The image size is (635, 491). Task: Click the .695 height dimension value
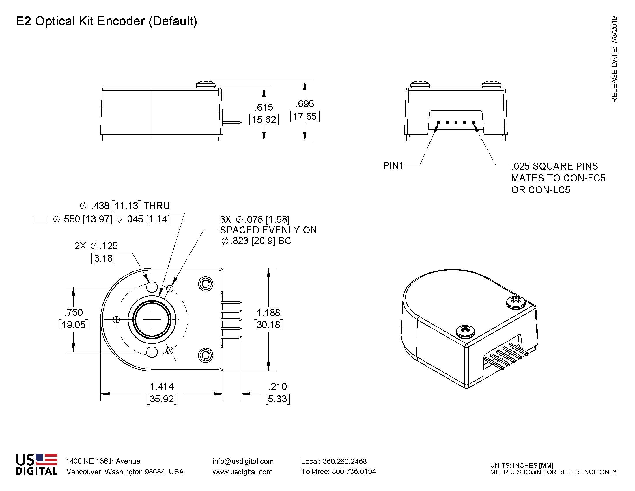tap(305, 104)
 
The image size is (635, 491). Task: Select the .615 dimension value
tap(264, 107)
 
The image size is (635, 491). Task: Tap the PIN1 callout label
tap(393, 166)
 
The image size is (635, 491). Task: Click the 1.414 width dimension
tap(162, 386)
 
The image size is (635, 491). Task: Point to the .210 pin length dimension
tap(278, 386)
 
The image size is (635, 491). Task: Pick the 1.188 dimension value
tap(268, 313)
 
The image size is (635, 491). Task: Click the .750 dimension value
tap(74, 313)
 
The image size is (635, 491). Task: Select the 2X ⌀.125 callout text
tap(96, 246)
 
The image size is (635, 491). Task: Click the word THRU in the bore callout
tap(156, 206)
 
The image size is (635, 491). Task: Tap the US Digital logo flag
tap(46, 460)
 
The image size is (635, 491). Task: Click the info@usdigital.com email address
tap(243, 461)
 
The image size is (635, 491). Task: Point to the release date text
tap(614, 59)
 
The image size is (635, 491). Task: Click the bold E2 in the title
tap(24, 21)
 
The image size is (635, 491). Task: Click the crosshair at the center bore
tap(152, 319)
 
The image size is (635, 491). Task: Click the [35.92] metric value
tap(162, 399)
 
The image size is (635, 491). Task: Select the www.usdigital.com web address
tap(242, 472)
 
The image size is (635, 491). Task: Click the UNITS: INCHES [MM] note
tap(522, 465)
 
